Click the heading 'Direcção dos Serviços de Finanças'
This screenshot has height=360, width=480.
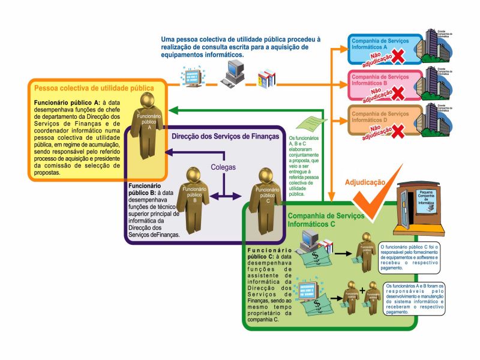coord(225,136)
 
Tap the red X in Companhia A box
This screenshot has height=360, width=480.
coord(396,56)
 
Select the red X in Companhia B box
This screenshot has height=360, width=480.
coord(396,93)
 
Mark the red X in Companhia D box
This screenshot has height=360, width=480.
coord(396,130)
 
